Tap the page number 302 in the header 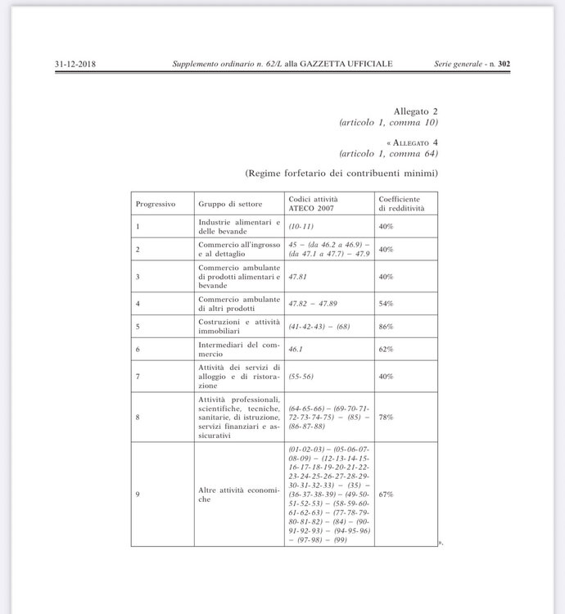tap(504, 64)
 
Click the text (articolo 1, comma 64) tap(389, 153)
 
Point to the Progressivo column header tap(156, 203)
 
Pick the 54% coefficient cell tap(386, 303)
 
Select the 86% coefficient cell tap(386, 326)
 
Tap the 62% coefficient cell tap(386, 349)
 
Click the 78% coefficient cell tap(386, 417)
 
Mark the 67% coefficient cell tap(386, 494)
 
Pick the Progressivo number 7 tap(138, 376)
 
